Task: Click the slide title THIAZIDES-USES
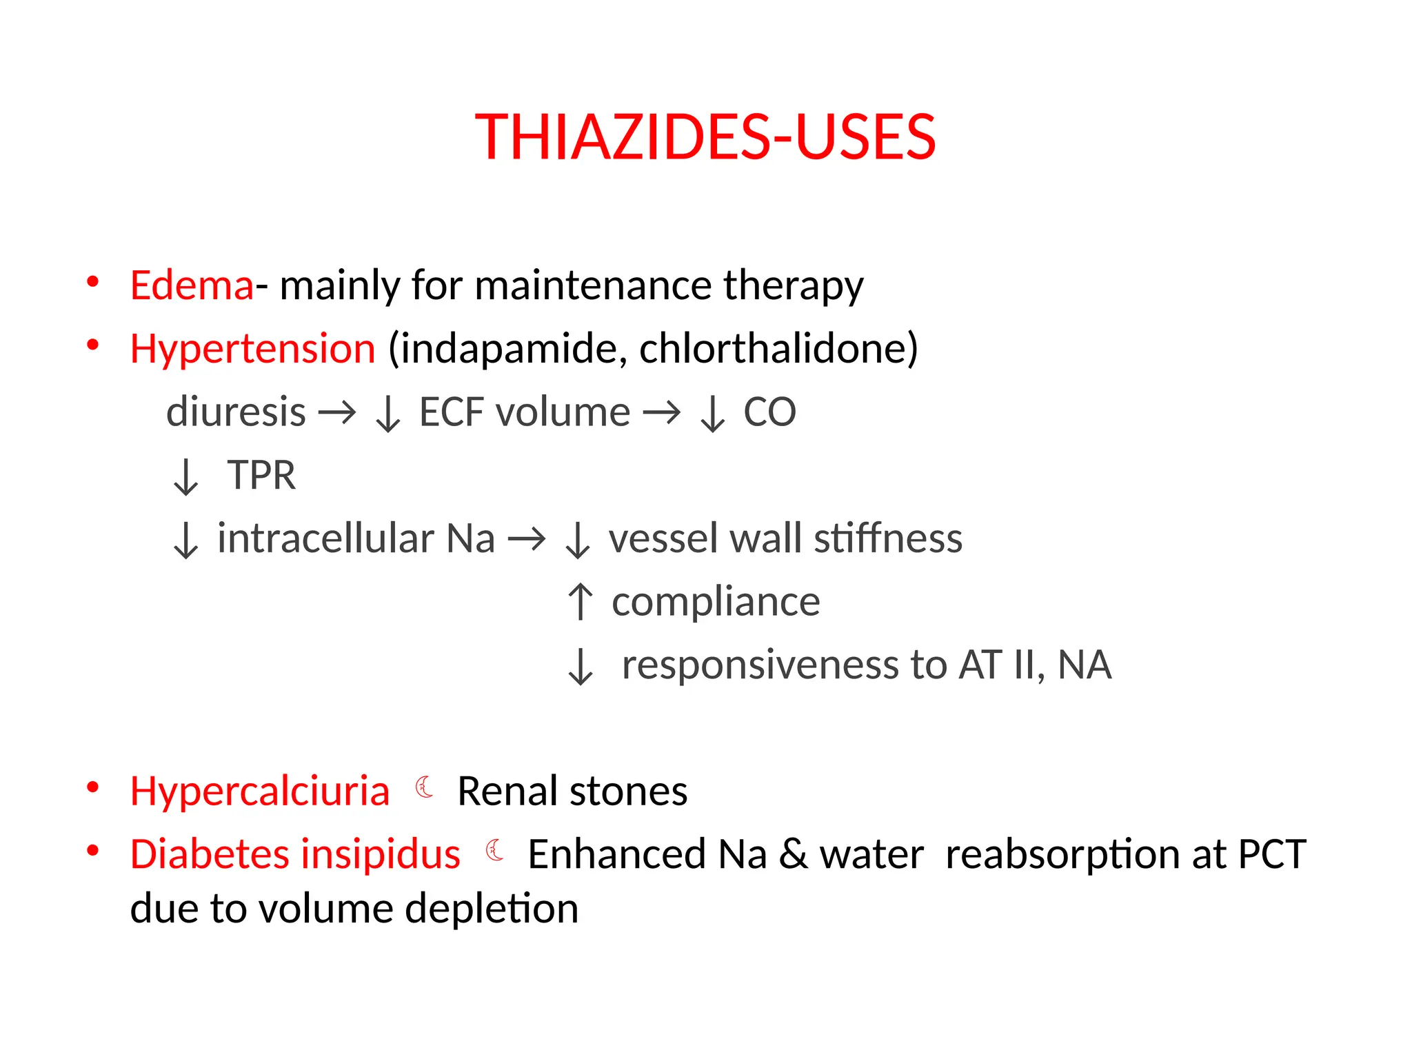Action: coord(705,137)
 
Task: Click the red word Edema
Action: coord(192,285)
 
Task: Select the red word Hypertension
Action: coord(252,349)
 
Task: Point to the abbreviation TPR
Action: coord(261,476)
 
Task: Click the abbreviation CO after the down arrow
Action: coord(769,412)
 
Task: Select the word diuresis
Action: coord(236,412)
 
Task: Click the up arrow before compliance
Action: coord(580,602)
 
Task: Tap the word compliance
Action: coord(716,602)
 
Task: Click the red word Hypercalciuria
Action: coord(259,791)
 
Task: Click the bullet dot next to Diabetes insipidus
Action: coord(92,851)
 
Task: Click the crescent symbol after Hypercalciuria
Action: coord(425,787)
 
